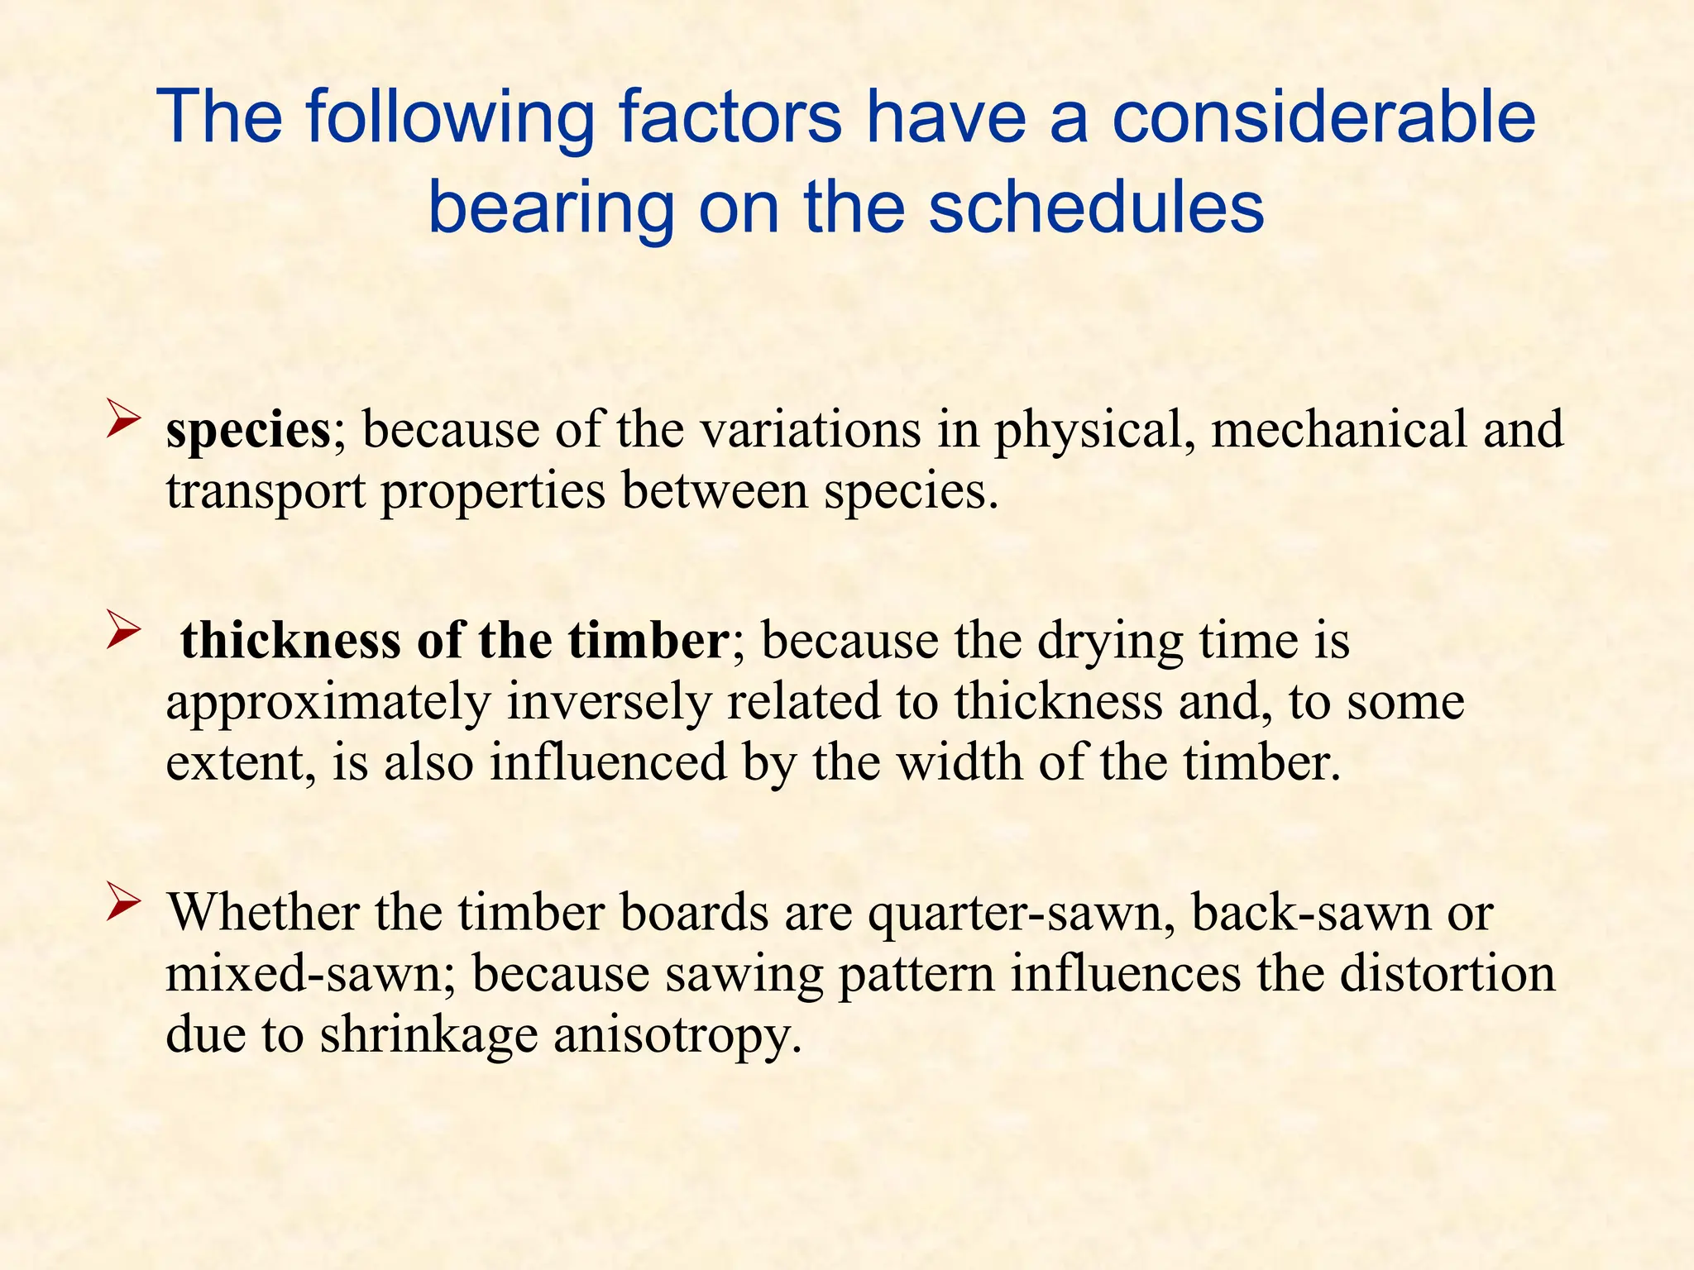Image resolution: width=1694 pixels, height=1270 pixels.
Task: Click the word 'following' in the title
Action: pos(450,117)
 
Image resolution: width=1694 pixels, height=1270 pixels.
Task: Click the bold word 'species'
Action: pos(248,431)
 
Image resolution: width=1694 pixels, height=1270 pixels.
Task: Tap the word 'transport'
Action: pos(266,492)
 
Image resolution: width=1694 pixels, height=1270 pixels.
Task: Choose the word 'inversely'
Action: pos(609,703)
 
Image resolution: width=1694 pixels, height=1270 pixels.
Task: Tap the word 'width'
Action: pos(960,762)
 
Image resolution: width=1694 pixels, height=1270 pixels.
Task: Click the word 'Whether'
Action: pos(263,913)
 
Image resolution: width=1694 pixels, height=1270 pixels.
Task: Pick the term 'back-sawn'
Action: pos(1310,913)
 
